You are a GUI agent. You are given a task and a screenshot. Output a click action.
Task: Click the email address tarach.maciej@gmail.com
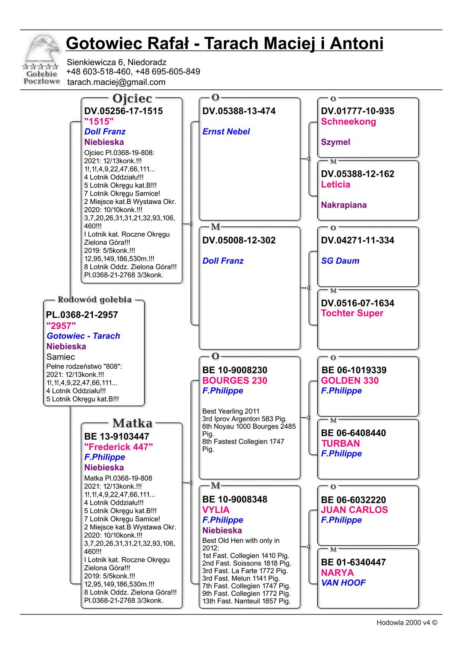coord(116,82)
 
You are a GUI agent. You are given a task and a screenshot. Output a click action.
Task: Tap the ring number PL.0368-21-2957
coord(82,315)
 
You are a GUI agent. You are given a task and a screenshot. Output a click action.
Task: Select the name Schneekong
coord(348,122)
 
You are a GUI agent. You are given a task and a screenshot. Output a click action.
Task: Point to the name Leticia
coord(335,184)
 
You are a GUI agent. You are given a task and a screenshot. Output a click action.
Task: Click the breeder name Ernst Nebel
coord(226,132)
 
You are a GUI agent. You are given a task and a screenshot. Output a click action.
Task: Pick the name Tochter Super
coord(352,313)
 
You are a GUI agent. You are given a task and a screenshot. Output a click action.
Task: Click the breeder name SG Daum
coord(340,261)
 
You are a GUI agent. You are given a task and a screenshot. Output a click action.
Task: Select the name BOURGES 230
coord(234,381)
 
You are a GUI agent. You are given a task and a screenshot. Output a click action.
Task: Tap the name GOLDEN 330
coord(349,381)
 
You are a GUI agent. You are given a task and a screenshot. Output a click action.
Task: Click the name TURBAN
coord(340,443)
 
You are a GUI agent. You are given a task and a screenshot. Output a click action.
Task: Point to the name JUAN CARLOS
coord(354,510)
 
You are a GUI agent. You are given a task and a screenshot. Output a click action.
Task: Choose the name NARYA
coord(337,573)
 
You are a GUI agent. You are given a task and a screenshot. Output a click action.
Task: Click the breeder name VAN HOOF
coord(343,583)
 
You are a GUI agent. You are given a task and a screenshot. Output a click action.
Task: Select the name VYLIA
coord(216,510)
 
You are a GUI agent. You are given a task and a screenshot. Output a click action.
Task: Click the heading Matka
coord(132,423)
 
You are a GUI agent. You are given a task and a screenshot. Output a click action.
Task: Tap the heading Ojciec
coord(132,98)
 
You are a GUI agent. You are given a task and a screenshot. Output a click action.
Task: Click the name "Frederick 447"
coord(118,447)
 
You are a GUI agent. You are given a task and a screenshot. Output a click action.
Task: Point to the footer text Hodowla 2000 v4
coord(406,623)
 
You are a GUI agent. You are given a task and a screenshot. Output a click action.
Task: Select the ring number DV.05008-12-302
coord(239,241)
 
